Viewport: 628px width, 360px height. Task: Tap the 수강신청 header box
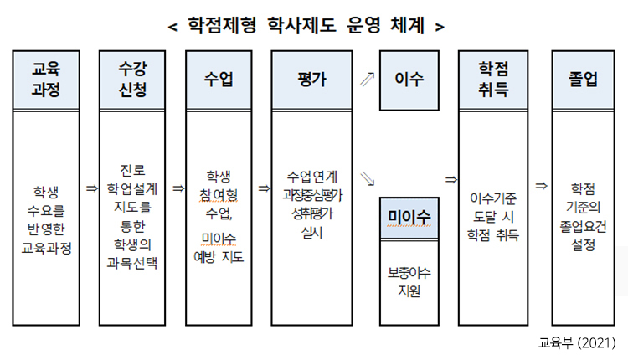(132, 80)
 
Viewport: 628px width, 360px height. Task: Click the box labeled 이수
(409, 80)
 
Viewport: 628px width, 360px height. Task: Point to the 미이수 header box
(409, 217)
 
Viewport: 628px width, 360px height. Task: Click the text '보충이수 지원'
(409, 282)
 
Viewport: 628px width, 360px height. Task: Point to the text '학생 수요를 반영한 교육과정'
(47, 219)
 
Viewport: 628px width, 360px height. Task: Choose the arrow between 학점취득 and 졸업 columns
(541, 185)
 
